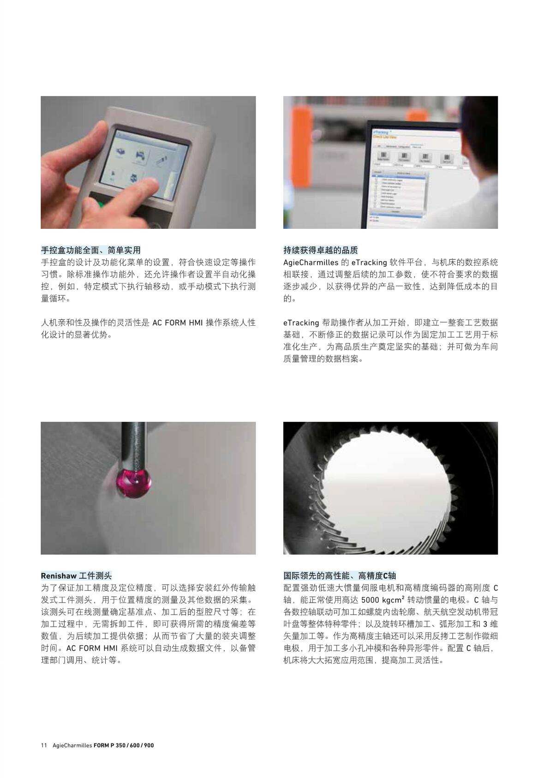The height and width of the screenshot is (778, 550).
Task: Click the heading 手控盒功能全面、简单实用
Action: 90,250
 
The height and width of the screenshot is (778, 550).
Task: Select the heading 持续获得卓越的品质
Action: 320,250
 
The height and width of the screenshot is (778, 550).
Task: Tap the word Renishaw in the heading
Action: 59,575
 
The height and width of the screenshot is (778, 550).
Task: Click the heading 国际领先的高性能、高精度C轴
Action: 340,575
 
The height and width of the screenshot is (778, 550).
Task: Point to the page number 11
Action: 44,745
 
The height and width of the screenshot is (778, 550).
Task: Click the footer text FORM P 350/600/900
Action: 124,745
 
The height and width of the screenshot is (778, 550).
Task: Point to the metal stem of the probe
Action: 134,443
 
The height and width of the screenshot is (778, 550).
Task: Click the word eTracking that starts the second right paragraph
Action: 301,323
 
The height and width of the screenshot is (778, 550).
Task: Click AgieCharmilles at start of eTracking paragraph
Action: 311,263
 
